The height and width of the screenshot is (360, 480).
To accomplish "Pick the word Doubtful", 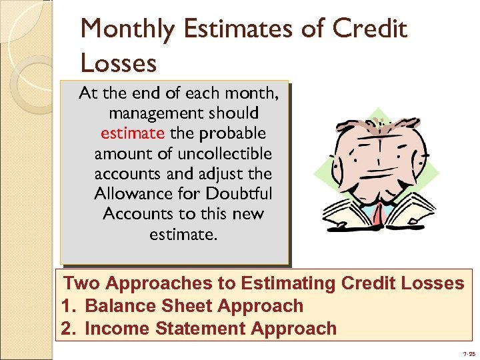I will [236, 193].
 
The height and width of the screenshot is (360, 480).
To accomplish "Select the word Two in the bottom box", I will [81, 283].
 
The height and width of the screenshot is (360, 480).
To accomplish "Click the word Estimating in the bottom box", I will [288, 283].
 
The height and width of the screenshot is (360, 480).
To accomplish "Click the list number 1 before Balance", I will [66, 306].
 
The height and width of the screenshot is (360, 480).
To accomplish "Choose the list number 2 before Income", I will [66, 329].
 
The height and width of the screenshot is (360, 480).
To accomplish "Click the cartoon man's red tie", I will [378, 215].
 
